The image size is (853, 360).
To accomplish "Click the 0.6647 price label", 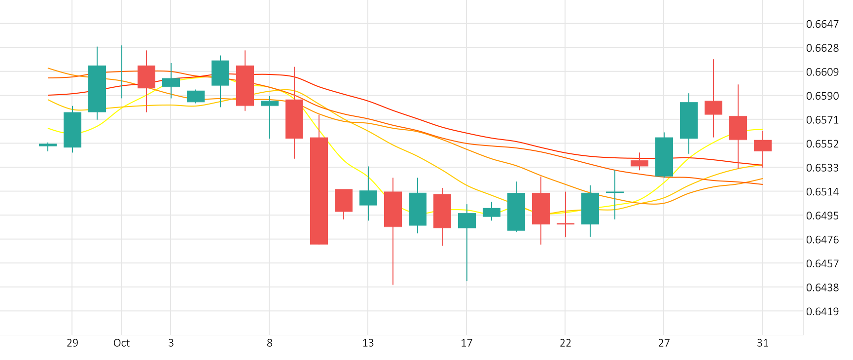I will coord(822,24).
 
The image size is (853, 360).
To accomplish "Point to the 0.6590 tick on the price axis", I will coord(822,96).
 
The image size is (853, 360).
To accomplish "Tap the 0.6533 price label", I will coord(822,168).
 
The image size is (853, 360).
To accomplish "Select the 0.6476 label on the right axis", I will coord(822,240).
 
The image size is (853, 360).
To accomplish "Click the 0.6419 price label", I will coord(822,312).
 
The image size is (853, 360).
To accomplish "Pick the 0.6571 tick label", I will coord(822,120).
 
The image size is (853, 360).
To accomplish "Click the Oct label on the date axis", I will coord(121,343).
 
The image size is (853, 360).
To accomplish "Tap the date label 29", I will coord(72,343).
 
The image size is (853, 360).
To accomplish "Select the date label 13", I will coord(368,343).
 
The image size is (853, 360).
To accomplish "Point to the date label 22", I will coord(565,343).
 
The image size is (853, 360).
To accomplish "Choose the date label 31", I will coord(762,343).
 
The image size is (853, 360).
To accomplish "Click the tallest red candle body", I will coord(319,191).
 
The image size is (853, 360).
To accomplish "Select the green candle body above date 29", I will coord(72,130).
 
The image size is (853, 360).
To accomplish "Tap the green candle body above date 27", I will coord(664,157).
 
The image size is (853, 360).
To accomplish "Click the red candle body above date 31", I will coord(763,145).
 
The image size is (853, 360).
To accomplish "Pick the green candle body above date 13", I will coord(368,198).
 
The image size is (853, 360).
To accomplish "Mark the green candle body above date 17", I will coord(467,220).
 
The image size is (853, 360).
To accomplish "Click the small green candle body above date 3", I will coord(171,82).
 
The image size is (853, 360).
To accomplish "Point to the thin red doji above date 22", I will coord(566,223).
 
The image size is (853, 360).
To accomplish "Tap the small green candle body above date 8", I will coord(270,104).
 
